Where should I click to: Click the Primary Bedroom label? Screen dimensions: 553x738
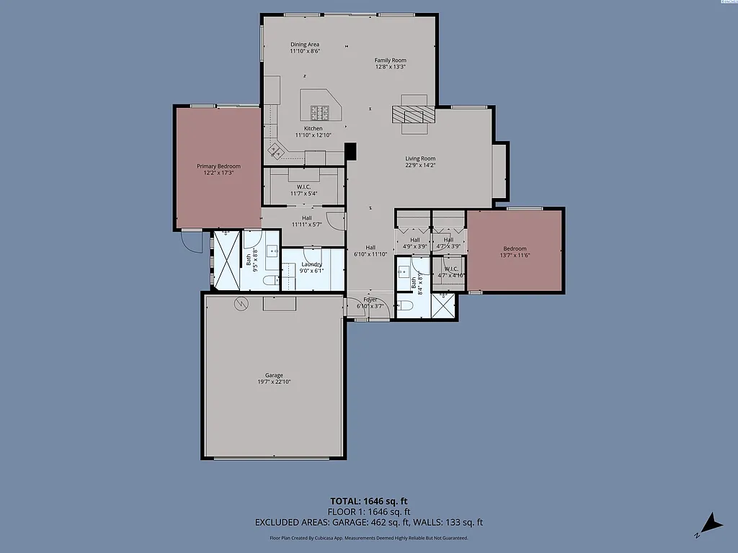[218, 166]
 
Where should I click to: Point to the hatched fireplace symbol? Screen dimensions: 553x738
[414, 114]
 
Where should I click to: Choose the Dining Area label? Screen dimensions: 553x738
[304, 45]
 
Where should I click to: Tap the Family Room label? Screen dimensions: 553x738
[390, 60]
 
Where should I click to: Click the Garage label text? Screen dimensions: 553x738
[274, 375]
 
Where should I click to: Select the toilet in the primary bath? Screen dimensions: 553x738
[267, 280]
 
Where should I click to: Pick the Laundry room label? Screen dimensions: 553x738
[311, 264]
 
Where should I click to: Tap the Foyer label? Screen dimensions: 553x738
[370, 300]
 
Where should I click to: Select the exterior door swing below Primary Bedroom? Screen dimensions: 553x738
[192, 241]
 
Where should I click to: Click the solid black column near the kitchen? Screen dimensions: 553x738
[351, 152]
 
